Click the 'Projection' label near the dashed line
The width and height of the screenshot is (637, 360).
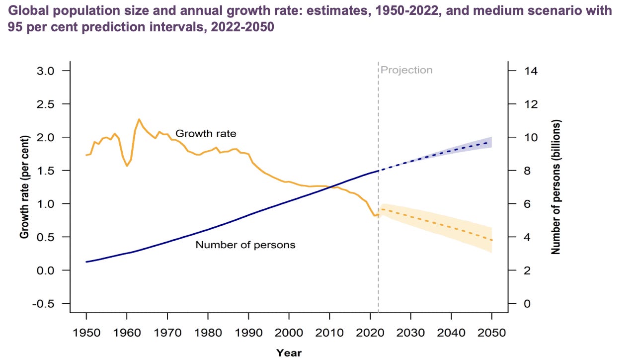tap(406, 70)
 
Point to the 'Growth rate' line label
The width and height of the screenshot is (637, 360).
tap(206, 133)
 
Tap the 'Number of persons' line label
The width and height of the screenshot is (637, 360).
tap(245, 245)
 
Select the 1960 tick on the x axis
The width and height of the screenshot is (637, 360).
tap(127, 332)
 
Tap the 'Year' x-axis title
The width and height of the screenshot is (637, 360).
tap(289, 353)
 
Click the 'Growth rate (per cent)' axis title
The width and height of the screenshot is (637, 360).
tap(24, 186)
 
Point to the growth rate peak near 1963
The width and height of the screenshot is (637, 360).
tap(139, 119)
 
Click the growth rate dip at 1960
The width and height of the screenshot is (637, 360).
tap(127, 166)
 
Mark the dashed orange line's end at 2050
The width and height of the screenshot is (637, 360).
tap(492, 241)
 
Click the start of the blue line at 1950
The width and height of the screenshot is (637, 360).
tap(86, 262)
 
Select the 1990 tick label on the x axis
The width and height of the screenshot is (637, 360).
tap(248, 332)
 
